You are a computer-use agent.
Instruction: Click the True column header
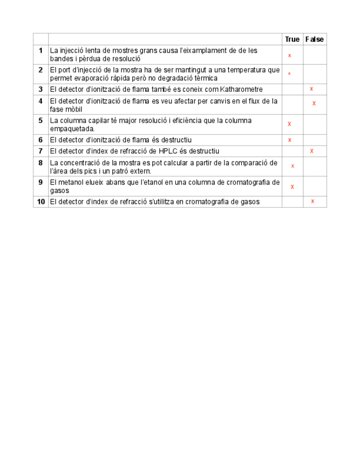[292, 39]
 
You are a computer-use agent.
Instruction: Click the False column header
[315, 39]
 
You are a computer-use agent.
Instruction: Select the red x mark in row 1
[290, 56]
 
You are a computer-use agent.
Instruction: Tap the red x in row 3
[312, 89]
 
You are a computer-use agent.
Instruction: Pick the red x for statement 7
[312, 151]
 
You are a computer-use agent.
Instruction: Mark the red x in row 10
[313, 202]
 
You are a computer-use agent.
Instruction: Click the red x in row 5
[290, 124]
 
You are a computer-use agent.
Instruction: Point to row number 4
[41, 101]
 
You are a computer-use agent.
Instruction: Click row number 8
[41, 163]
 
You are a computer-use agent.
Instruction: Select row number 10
[41, 202]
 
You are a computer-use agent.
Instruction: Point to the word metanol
[69, 182]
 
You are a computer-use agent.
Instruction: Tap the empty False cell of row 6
[315, 140]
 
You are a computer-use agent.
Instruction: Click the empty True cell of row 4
[292, 104]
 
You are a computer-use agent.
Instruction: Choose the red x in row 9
[292, 187]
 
